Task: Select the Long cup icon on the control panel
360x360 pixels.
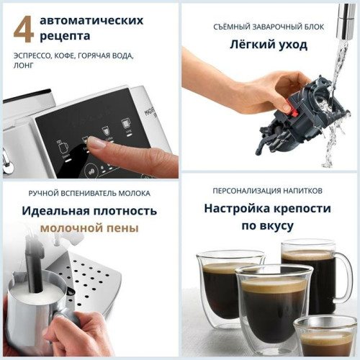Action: [x=127, y=124]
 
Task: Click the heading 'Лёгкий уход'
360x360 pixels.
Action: [x=270, y=45]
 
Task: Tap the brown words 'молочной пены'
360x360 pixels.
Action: [x=89, y=228]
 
